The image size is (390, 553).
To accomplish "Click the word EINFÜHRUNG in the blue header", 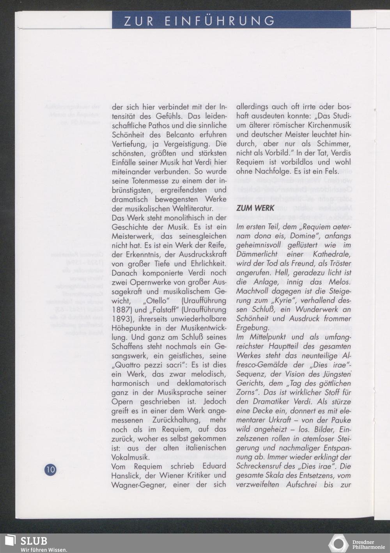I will point(220,21).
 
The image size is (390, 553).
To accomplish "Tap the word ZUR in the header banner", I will point(138,21).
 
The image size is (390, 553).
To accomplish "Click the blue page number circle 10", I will point(50,469).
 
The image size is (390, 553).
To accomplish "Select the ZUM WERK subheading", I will point(255,208).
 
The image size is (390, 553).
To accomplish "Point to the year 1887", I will point(121,310).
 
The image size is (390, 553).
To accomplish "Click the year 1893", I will point(121,319).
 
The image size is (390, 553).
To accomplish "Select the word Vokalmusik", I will point(130,457).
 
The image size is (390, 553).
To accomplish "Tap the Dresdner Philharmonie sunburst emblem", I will point(338,544).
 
